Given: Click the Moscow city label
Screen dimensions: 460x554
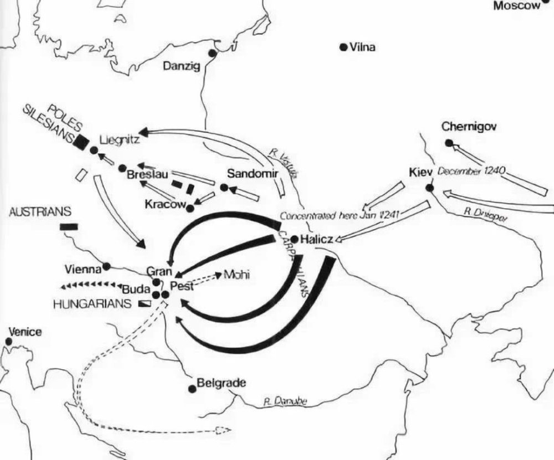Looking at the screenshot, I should click(x=516, y=6).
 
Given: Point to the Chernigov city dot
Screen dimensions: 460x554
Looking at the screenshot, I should click(x=449, y=143).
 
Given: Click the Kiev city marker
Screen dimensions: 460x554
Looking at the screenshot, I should click(x=429, y=188).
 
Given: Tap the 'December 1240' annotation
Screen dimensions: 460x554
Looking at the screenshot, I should click(x=470, y=171).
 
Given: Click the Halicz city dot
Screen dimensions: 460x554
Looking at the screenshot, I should click(x=295, y=240).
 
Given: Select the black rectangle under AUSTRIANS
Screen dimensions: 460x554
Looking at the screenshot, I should click(x=69, y=226).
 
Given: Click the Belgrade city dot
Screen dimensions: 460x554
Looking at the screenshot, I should click(x=192, y=389).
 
